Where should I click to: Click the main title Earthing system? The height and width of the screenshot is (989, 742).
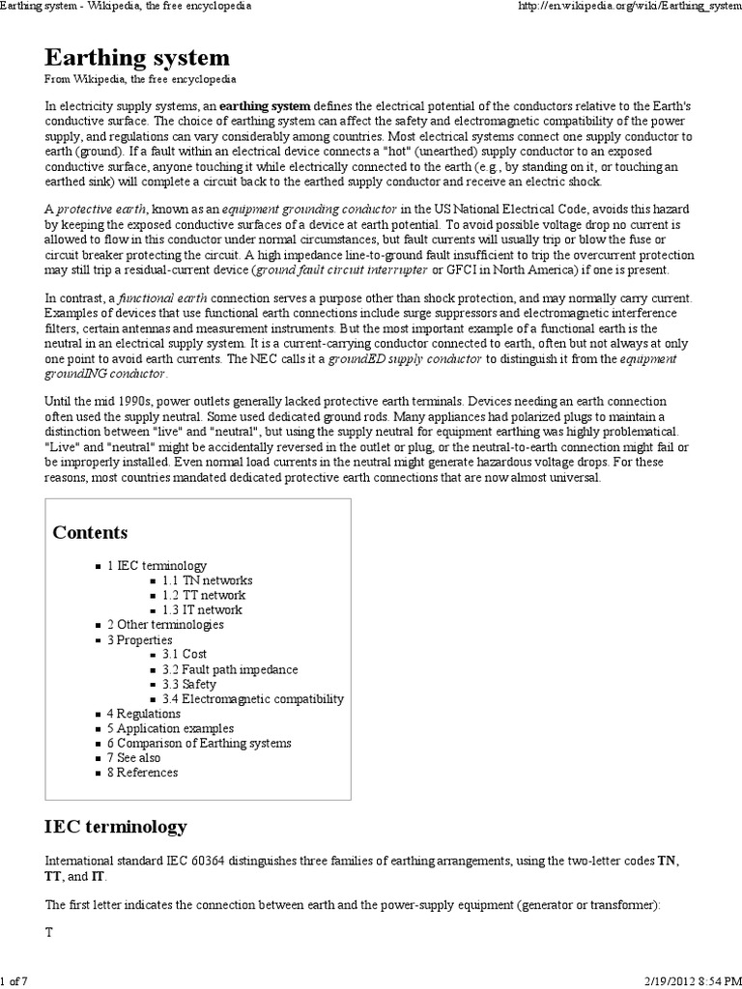point(137,58)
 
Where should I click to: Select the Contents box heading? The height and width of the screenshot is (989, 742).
point(90,532)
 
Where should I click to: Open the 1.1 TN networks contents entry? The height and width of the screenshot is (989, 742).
point(207,580)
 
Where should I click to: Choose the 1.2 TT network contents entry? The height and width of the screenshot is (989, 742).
point(204,595)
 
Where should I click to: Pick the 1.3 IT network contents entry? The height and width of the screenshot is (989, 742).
point(202,609)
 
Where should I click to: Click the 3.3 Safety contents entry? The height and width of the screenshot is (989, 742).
point(189,684)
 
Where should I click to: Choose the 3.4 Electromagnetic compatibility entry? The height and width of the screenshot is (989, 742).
point(252,698)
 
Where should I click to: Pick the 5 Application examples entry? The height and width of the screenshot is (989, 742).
point(170,728)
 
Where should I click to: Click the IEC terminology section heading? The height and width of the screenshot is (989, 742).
point(116,827)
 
